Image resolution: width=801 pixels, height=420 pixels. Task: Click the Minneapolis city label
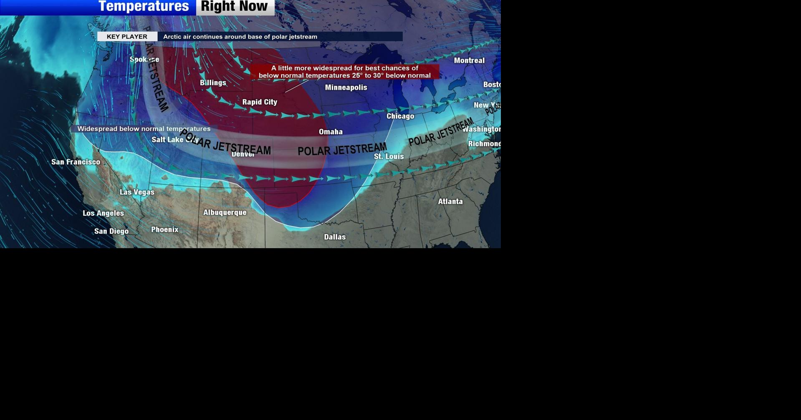[x=346, y=88]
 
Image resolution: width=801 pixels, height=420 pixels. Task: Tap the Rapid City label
[x=260, y=102]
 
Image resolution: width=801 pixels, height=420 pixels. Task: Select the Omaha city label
[x=331, y=132]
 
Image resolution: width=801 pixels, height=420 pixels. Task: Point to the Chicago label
[x=400, y=116]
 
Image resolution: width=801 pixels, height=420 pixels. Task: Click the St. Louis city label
[x=389, y=156]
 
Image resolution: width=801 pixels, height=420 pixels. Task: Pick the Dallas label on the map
[x=335, y=237]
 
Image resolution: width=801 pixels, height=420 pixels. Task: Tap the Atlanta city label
[x=450, y=201]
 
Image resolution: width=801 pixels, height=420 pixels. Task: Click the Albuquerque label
[x=225, y=213]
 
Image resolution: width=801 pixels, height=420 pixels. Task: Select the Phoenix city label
[x=164, y=230]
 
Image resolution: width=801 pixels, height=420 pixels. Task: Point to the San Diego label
[x=111, y=231]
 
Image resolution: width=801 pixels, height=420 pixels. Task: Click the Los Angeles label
[x=103, y=213]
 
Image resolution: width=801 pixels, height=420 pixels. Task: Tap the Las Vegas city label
[x=137, y=192]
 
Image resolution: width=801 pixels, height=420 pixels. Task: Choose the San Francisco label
[x=76, y=162]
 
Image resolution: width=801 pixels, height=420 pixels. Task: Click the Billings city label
[x=213, y=83]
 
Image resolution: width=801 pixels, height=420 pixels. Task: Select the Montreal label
[x=469, y=60]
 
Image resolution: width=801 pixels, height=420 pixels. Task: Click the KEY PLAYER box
[x=127, y=37]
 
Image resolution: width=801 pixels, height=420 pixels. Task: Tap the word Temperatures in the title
[x=144, y=6]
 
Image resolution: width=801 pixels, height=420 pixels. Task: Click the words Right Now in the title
[x=235, y=6]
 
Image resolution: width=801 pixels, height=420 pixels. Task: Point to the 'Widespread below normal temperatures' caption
[x=144, y=129]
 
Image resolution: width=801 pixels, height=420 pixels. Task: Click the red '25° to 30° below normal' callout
[x=344, y=72]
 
